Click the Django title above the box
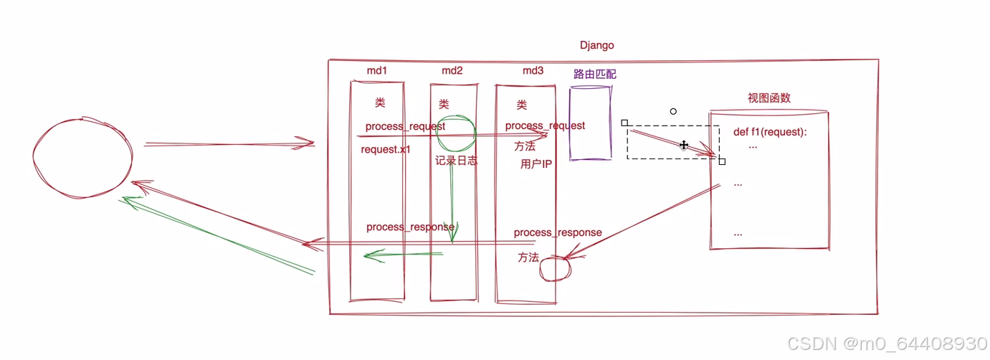596,45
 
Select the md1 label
376,70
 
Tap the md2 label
452,70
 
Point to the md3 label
533,70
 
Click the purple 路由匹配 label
594,74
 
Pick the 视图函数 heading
768,98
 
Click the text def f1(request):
769,132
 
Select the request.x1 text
386,149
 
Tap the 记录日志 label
456,161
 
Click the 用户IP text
536,164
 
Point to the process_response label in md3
558,232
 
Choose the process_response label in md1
410,227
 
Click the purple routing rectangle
591,123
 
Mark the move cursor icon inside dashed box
684,145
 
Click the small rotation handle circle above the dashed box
673,111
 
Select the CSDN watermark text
887,343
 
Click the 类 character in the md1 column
380,103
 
